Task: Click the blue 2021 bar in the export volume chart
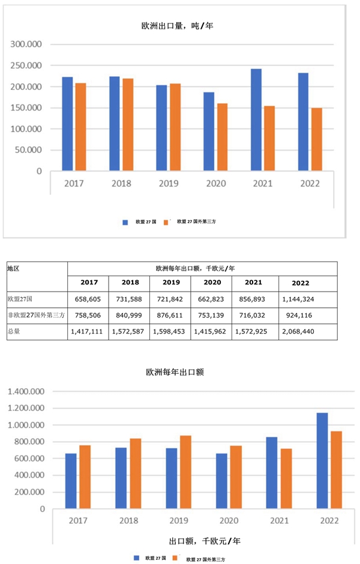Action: point(256,120)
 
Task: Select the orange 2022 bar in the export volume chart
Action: point(317,139)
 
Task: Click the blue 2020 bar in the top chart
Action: point(209,131)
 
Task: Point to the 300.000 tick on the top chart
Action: point(26,44)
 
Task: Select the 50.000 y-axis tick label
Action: point(29,150)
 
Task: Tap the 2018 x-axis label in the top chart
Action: point(121,183)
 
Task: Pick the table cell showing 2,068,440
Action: point(301,331)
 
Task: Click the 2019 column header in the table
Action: point(170,283)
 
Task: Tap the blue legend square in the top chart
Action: point(125,222)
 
